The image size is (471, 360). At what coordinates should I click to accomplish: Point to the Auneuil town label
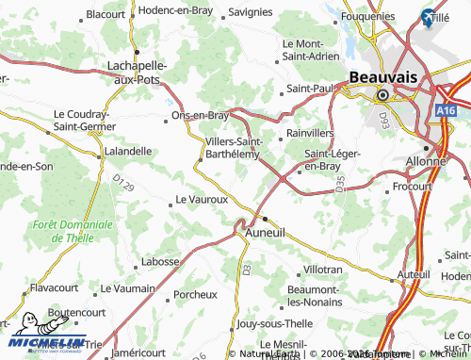[265, 231]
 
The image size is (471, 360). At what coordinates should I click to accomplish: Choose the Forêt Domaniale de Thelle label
[72, 232]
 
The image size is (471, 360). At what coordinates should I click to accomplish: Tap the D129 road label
[123, 184]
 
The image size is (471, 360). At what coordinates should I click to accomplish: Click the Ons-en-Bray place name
[200, 116]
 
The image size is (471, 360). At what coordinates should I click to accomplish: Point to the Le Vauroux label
[203, 200]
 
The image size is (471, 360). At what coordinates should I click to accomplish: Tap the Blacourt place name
[106, 14]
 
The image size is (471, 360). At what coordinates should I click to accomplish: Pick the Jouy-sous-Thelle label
[276, 322]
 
